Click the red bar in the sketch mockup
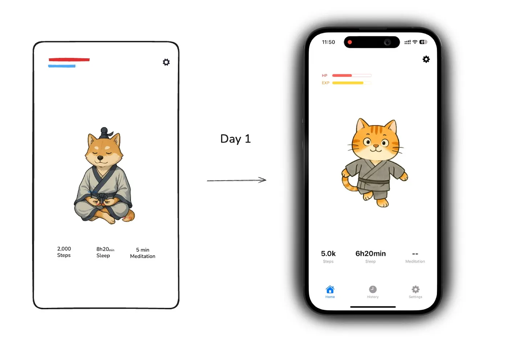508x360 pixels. (x=69, y=59)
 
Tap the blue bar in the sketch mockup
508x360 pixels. (x=62, y=66)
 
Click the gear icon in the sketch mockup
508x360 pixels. (x=166, y=62)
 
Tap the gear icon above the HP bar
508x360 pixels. (x=426, y=59)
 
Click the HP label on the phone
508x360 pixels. (x=324, y=75)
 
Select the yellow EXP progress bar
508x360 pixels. (x=348, y=83)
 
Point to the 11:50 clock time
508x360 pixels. (x=328, y=42)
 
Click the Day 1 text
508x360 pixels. (x=235, y=139)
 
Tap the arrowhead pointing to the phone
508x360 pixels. (x=263, y=180)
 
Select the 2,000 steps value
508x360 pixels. (x=64, y=249)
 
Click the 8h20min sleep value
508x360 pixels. (x=105, y=249)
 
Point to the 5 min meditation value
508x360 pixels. (x=143, y=250)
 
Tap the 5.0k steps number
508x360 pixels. (x=328, y=253)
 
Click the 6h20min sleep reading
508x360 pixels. (x=370, y=253)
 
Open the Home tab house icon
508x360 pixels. (x=330, y=289)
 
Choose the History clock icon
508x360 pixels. (x=373, y=289)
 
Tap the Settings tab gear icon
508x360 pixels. (x=415, y=289)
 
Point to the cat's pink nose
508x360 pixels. (x=376, y=146)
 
